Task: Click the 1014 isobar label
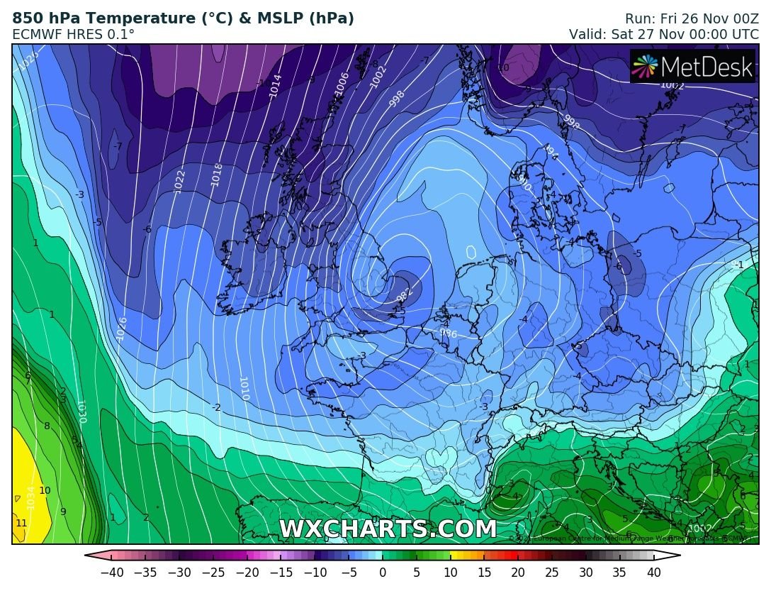click(x=275, y=84)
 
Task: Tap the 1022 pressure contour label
click(x=179, y=182)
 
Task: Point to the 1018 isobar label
click(x=217, y=175)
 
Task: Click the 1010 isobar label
click(x=244, y=388)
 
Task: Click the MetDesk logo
click(x=692, y=67)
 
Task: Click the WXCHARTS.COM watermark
click(x=388, y=529)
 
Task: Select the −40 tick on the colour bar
click(x=111, y=572)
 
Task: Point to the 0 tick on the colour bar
click(x=383, y=572)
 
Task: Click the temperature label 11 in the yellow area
click(x=21, y=523)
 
